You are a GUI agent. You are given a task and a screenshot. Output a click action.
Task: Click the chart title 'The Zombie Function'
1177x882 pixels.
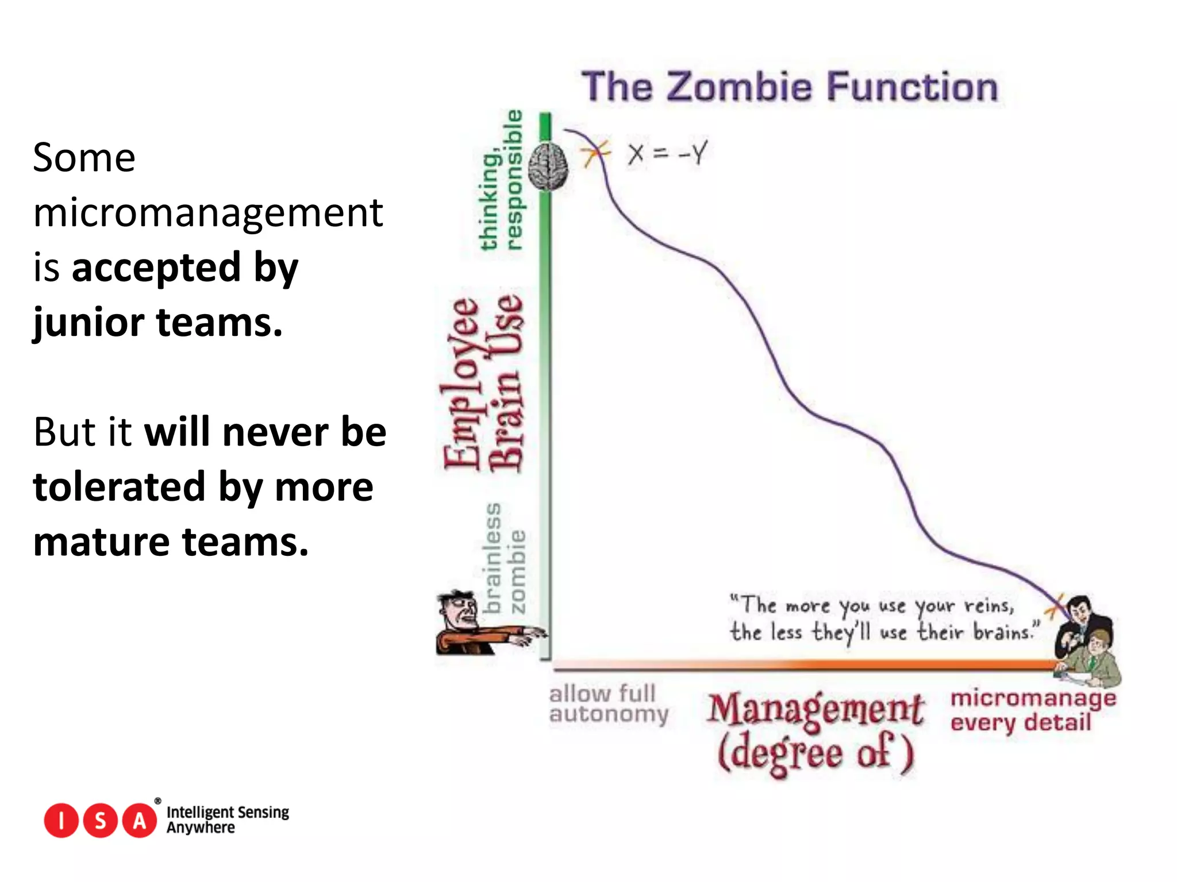[x=790, y=88]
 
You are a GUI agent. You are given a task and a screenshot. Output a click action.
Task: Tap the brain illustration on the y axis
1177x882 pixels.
[x=548, y=166]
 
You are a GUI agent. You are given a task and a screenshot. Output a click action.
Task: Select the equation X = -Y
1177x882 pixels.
[x=667, y=154]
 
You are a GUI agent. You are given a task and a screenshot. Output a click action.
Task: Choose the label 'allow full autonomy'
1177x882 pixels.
[x=607, y=704]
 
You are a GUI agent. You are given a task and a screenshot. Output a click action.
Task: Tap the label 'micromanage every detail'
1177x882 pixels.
[x=1033, y=710]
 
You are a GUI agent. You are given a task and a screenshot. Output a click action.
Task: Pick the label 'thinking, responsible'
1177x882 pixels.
[x=501, y=181]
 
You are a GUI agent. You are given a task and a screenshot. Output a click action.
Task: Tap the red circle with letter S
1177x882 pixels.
[x=100, y=821]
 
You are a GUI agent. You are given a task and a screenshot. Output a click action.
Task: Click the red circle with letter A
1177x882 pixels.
[x=139, y=821]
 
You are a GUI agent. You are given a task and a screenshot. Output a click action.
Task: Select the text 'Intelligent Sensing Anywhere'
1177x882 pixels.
[x=228, y=819]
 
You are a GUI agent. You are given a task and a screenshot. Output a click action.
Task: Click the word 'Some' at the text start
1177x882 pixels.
[x=84, y=158]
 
